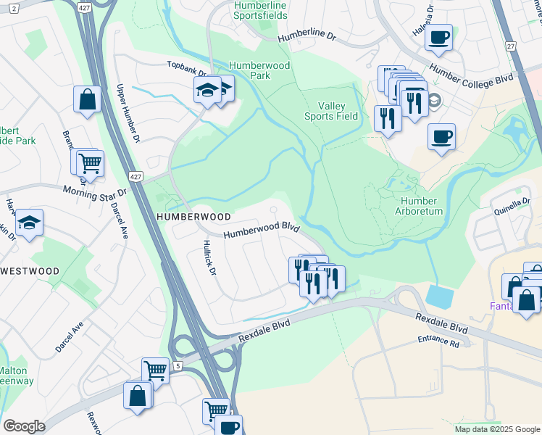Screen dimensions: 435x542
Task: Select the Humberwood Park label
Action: (250, 70)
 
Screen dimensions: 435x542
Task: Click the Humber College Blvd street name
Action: (471, 75)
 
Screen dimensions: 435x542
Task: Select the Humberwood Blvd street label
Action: (262, 231)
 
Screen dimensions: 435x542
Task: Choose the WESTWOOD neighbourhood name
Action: (30, 271)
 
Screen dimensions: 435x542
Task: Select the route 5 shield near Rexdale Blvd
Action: (178, 366)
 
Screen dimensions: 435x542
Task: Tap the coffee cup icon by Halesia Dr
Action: (439, 36)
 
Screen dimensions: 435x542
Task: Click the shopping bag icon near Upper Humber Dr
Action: (87, 100)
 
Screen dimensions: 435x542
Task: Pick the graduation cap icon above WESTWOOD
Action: (30, 223)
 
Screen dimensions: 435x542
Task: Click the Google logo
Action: (24, 426)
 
